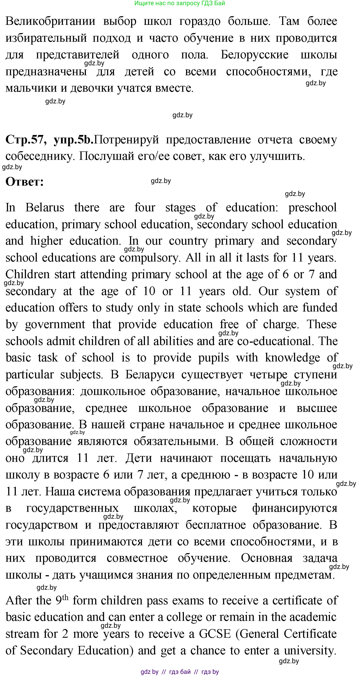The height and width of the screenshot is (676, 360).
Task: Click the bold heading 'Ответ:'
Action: [x=24, y=181]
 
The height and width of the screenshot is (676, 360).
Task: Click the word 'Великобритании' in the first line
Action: [x=50, y=21]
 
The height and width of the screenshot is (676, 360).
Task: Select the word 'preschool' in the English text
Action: [x=312, y=208]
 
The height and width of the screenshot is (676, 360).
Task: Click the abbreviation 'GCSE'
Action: [x=215, y=634]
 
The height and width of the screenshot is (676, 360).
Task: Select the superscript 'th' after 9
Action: [x=65, y=597]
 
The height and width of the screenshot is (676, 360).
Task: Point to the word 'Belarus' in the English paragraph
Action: [x=45, y=208]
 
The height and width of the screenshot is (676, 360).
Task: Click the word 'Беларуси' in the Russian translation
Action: [x=150, y=374]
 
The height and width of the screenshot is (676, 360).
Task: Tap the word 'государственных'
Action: [x=72, y=508]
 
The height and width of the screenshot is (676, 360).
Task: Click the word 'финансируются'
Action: [x=294, y=508]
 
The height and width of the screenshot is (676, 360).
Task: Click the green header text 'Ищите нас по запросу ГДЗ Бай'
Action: [x=180, y=3]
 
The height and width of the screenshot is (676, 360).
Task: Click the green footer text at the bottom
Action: [x=180, y=672]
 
